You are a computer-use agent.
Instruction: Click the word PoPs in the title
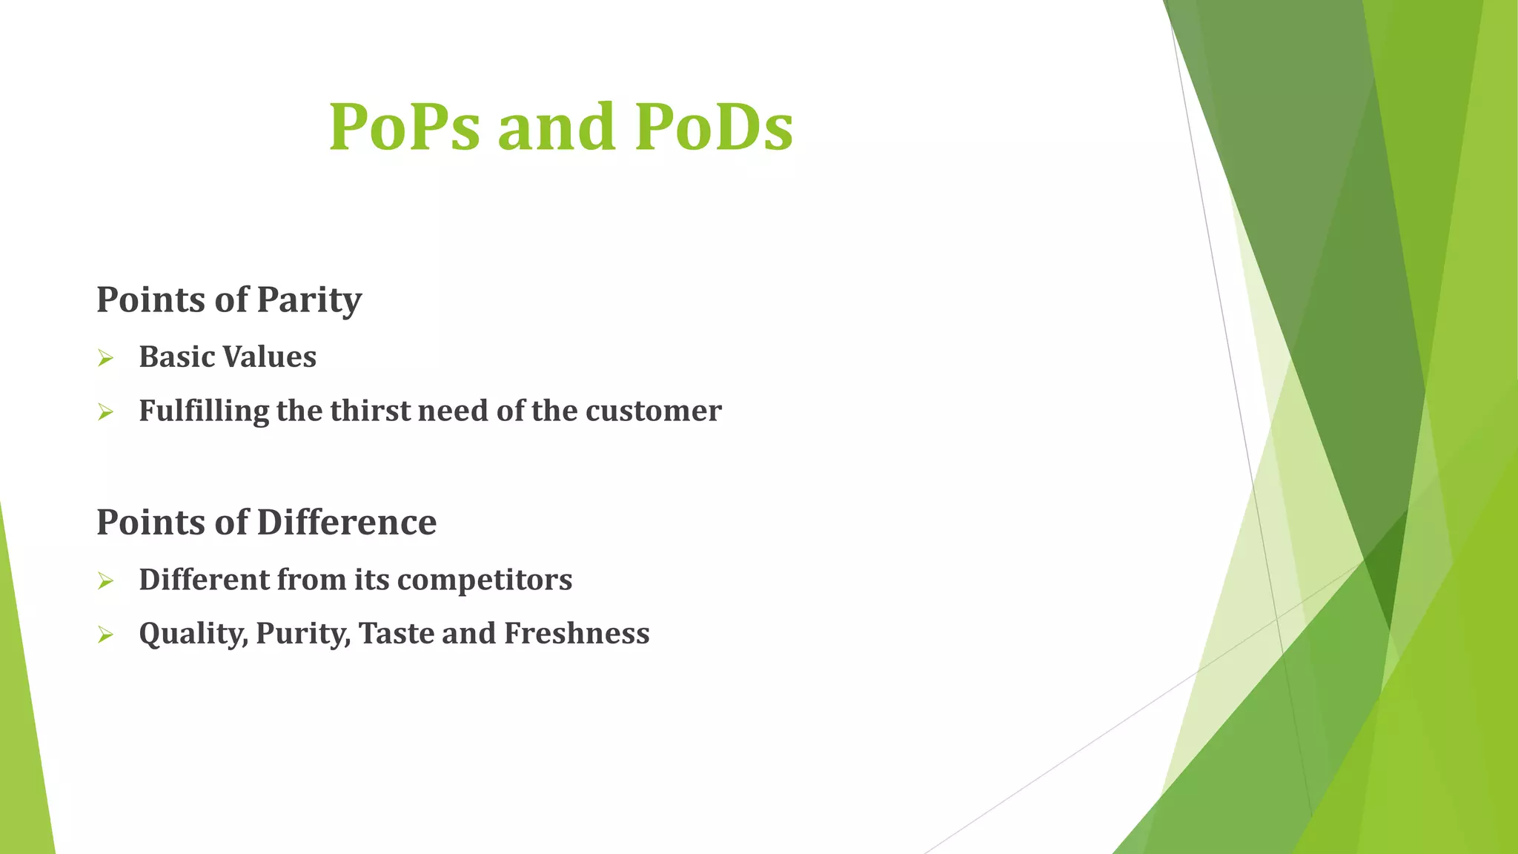pyautogui.click(x=404, y=127)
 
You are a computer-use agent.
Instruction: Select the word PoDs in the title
pyautogui.click(x=714, y=127)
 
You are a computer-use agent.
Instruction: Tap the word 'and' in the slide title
pyautogui.click(x=557, y=127)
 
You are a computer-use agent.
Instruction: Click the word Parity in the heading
pyautogui.click(x=309, y=300)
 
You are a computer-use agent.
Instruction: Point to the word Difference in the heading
pyautogui.click(x=347, y=522)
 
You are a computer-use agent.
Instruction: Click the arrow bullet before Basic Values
pyautogui.click(x=105, y=359)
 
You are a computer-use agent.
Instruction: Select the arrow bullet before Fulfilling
pyautogui.click(x=105, y=412)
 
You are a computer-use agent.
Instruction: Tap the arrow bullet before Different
pyautogui.click(x=105, y=581)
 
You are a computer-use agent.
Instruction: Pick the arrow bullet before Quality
pyautogui.click(x=105, y=635)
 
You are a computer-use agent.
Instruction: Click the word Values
pyautogui.click(x=270, y=357)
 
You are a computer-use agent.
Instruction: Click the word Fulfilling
pyautogui.click(x=204, y=411)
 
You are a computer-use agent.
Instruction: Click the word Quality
pyautogui.click(x=193, y=634)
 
